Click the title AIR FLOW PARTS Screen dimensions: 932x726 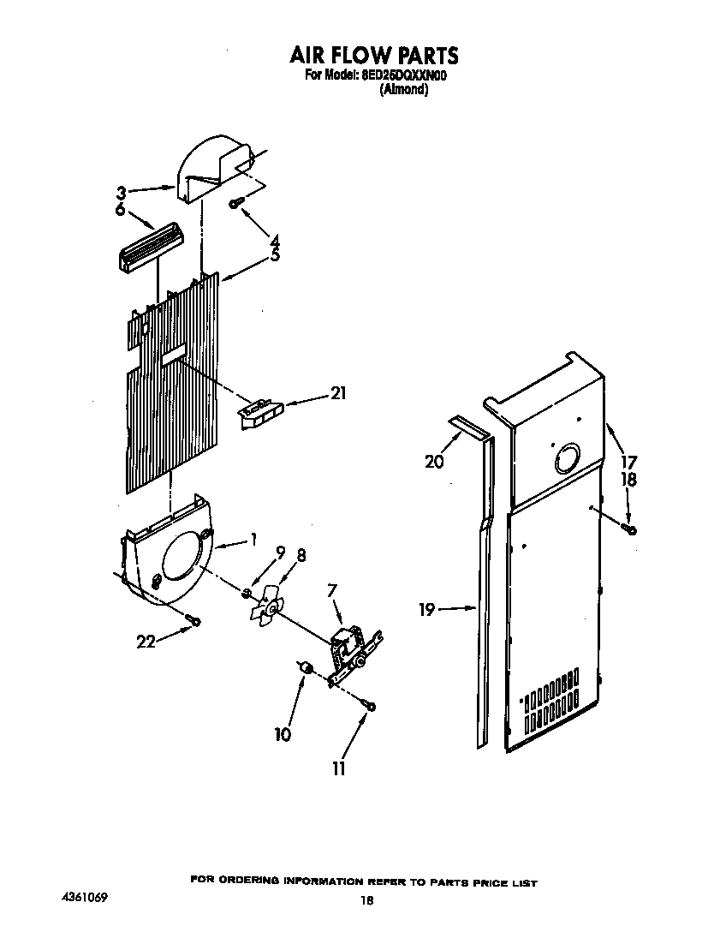373,56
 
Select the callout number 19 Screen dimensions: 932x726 427,610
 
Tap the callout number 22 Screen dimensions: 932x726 146,641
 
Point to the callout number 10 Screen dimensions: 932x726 283,733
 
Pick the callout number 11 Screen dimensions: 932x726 339,768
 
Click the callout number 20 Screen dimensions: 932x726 435,462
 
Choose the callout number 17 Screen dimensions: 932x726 629,462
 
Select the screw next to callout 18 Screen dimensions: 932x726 631,530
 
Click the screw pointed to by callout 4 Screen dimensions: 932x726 235,202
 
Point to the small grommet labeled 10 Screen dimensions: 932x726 306,667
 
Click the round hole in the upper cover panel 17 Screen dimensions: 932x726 566,460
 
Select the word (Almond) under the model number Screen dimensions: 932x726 403,89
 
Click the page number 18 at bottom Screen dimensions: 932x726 366,900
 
